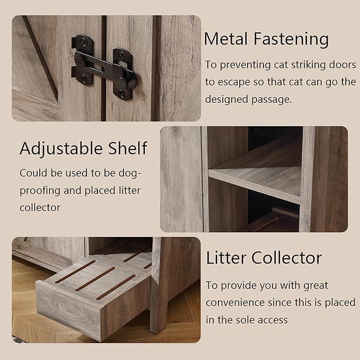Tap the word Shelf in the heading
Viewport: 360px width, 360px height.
129,148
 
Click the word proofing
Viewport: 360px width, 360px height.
43,190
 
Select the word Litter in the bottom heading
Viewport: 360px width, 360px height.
225,258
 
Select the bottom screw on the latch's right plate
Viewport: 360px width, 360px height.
122,93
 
